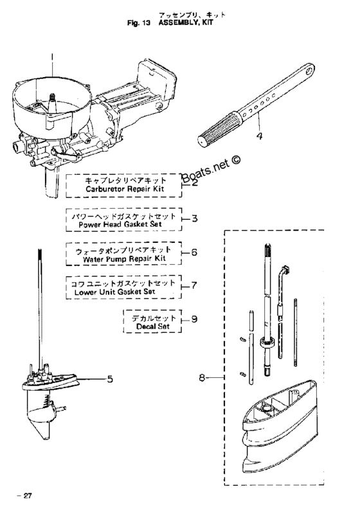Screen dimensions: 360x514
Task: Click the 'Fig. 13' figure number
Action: pos(139,23)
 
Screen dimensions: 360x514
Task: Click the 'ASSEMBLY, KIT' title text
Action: pos(186,22)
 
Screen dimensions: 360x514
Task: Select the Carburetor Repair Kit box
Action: pos(124,186)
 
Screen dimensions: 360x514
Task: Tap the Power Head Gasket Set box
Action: pos(124,220)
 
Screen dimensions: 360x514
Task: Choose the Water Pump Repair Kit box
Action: pos(124,253)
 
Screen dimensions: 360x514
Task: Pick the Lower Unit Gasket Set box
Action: pos(124,287)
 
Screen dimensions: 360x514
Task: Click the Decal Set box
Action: pos(152,321)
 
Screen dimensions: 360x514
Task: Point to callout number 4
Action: pos(259,136)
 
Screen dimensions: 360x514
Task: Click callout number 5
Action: pos(110,379)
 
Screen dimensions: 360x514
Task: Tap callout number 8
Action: pos(202,378)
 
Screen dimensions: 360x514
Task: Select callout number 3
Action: pos(194,218)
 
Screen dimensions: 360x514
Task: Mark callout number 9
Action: pos(194,319)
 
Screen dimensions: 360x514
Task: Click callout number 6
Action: pos(194,253)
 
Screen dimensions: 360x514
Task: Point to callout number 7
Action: pos(194,285)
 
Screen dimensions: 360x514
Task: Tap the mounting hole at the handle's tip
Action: pos(309,71)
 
